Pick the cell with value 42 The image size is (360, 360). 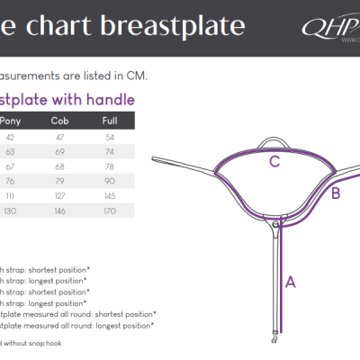11,138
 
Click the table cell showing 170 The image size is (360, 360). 110,211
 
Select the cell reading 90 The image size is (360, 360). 110,182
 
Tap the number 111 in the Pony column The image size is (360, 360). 11,196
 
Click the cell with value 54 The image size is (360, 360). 110,138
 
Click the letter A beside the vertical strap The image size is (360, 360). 290,282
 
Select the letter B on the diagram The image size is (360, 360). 336,193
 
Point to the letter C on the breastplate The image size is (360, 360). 274,163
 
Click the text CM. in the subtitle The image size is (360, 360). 134,75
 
